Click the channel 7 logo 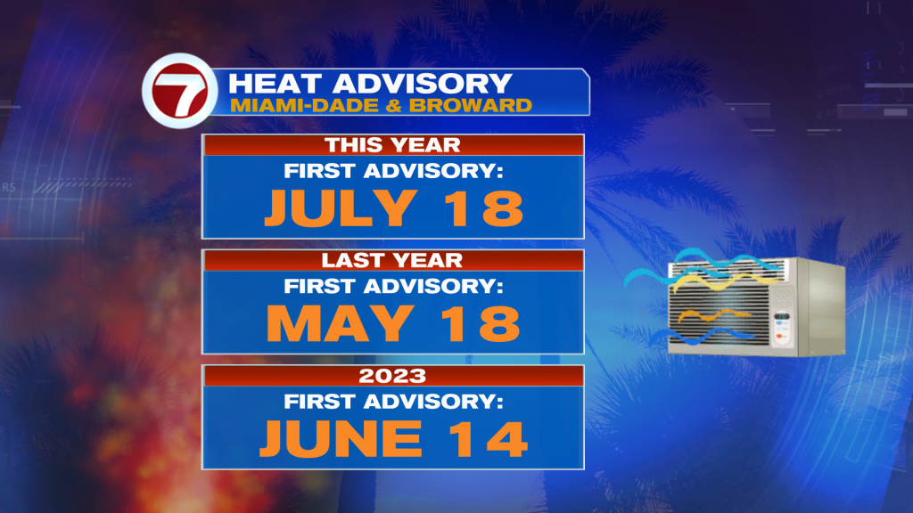point(180,91)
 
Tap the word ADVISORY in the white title point(422,84)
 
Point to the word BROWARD point(471,105)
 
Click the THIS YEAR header point(392,145)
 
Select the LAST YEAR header point(392,260)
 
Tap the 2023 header point(392,376)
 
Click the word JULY point(341,208)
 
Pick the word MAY point(341,323)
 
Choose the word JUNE point(341,438)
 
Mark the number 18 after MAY point(481,323)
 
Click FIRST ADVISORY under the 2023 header point(393,402)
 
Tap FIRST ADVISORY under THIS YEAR point(393,171)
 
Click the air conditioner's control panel point(783,316)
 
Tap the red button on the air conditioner point(780,337)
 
